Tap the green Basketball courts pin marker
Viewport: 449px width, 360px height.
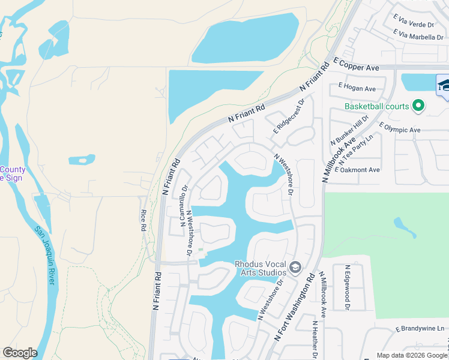pyautogui.click(x=418, y=107)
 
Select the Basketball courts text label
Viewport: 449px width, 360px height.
pyautogui.click(x=376, y=107)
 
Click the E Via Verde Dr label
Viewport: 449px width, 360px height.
pyautogui.click(x=414, y=25)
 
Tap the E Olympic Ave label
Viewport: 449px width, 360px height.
pyautogui.click(x=400, y=128)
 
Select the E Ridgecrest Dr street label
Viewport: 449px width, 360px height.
pyautogui.click(x=289, y=117)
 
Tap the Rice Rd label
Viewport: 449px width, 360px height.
pyautogui.click(x=143, y=220)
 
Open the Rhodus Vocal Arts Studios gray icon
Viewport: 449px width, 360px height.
pyautogui.click(x=295, y=267)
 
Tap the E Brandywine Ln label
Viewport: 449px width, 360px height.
pyautogui.click(x=420, y=329)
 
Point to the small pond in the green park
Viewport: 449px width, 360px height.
pyautogui.click(x=403, y=226)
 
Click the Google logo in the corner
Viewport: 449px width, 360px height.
pyautogui.click(x=20, y=353)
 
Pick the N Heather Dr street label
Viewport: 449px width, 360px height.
pyautogui.click(x=314, y=339)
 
